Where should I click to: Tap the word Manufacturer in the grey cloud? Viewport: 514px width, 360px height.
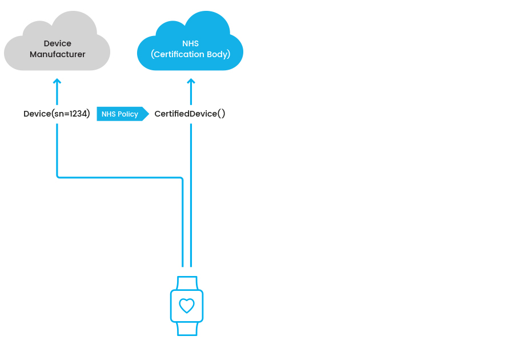coord(57,54)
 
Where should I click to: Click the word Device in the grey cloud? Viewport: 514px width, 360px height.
coord(57,43)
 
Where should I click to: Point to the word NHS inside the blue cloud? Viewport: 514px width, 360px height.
coord(190,43)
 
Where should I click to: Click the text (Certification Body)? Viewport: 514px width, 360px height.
coord(190,54)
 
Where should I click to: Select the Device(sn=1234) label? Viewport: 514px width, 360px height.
coord(57,114)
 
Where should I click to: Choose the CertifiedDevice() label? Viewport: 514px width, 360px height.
coord(190,114)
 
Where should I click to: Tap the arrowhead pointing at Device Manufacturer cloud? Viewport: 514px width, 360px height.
coord(57,81)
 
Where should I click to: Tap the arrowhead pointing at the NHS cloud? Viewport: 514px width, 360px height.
coord(191,81)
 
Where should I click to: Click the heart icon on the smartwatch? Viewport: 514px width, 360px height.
coord(187,306)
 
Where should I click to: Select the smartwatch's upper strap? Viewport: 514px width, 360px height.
coord(187,283)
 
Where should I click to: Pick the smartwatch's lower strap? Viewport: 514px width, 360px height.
coord(187,329)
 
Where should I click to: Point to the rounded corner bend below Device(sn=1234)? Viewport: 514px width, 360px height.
coord(58,177)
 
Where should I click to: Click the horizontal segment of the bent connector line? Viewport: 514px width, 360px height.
coord(120,178)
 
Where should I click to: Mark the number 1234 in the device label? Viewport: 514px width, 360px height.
coord(78,114)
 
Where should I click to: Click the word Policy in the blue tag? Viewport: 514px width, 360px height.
coord(128,114)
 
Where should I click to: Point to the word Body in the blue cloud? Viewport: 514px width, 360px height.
coord(218,54)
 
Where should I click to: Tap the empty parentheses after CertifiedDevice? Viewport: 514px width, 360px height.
coord(221,114)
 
